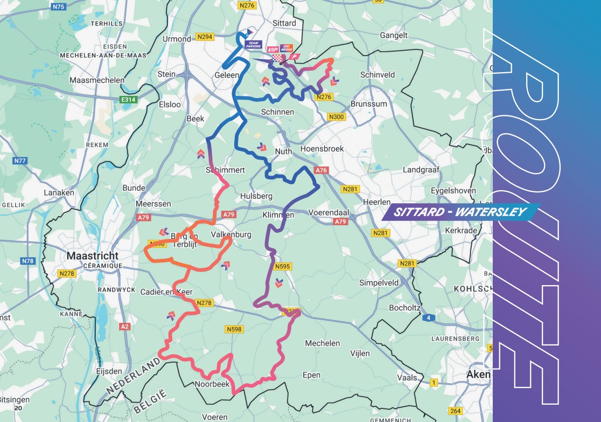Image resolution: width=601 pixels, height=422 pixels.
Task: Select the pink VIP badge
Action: coord(272,49)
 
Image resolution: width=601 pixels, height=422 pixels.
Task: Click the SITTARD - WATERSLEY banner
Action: coord(460,212)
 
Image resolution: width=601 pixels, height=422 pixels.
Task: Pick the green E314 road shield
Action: coord(128,99)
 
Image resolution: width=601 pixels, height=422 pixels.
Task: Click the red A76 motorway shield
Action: coord(321,170)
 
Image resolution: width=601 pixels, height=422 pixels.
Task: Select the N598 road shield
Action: coord(234,328)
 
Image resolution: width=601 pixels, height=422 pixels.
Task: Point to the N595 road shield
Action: coord(282,266)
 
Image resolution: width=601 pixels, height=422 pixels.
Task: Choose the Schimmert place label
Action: coord(225,170)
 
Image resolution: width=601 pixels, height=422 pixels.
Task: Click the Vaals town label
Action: coord(407,377)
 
